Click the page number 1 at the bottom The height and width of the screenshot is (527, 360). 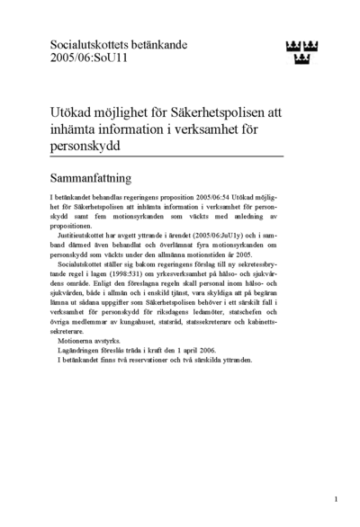[x=335, y=497]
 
